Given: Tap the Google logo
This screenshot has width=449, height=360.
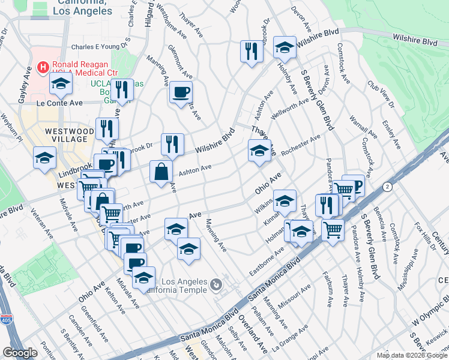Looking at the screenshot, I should (x=20, y=352).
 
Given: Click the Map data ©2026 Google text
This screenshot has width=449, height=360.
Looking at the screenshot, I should (x=411, y=355).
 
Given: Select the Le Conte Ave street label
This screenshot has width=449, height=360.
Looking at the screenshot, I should (x=59, y=103).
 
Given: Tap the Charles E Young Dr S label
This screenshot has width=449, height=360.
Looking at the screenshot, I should (x=101, y=46).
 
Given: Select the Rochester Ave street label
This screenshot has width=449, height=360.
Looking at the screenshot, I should (x=301, y=145).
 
